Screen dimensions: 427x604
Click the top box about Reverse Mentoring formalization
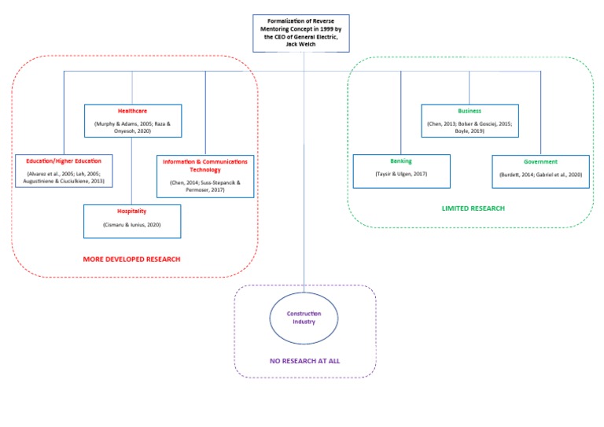pyautogui.click(x=301, y=32)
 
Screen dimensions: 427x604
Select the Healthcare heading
pyautogui.click(x=132, y=112)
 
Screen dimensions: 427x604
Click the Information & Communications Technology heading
pyautogui.click(x=204, y=165)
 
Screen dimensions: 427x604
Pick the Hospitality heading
pyautogui.click(x=132, y=211)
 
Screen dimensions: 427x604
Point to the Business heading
pyautogui.click(x=469, y=111)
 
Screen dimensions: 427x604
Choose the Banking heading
pyautogui.click(x=401, y=161)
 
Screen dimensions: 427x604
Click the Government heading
pyautogui.click(x=540, y=161)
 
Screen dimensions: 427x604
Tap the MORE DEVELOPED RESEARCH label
pyautogui.click(x=132, y=259)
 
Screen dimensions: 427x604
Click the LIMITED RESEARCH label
pyautogui.click(x=473, y=208)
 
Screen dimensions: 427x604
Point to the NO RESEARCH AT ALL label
pyautogui.click(x=304, y=362)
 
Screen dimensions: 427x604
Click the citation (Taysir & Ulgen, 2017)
pyautogui.click(x=401, y=174)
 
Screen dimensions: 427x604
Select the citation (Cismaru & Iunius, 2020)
pyautogui.click(x=132, y=224)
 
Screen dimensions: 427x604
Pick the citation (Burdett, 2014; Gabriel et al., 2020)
pyautogui.click(x=540, y=174)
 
